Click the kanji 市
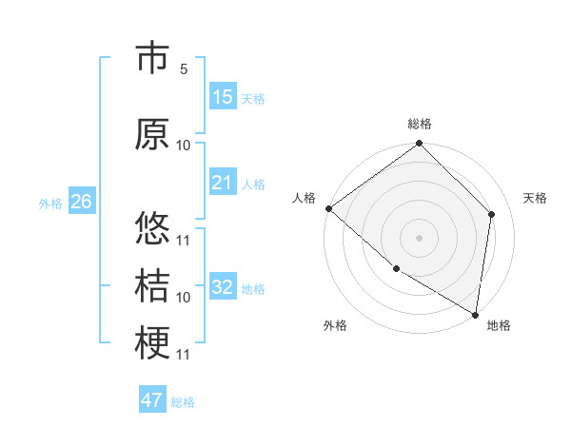152,59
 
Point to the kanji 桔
152,285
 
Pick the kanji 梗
152,343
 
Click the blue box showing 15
223,97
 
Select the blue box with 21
223,183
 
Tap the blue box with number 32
223,287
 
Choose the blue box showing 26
81,202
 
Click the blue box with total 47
152,400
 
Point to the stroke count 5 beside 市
184,69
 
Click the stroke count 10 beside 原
184,145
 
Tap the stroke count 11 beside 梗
184,355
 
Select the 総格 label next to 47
183,402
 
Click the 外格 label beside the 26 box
50,203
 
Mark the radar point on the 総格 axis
419,144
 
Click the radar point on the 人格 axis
328,208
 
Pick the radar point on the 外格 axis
396,269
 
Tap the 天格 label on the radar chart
535,198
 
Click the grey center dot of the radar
419,238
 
